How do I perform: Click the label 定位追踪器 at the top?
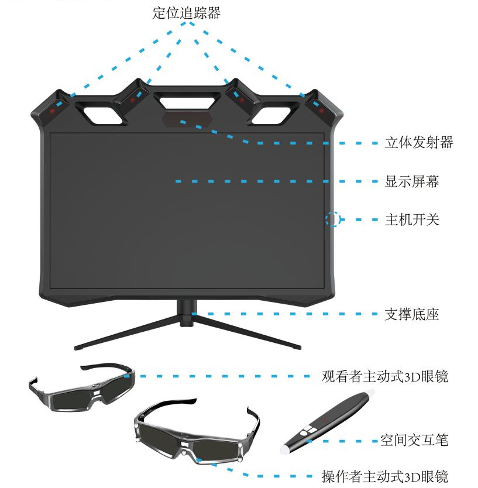tap(187, 13)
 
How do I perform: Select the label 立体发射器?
tap(419, 143)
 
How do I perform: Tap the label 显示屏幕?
tap(412, 181)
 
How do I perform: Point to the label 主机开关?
tap(412, 220)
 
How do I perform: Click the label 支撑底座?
tap(412, 314)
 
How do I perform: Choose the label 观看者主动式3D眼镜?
tap(385, 376)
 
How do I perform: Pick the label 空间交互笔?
tap(414, 441)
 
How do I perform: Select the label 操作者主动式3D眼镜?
tap(385, 476)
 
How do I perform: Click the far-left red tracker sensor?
tap(52, 111)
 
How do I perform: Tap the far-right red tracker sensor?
tap(322, 111)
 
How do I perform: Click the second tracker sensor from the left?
tap(133, 100)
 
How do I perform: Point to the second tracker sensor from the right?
tap(242, 100)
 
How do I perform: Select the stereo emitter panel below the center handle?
tap(187, 119)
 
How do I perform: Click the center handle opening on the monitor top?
tap(187, 102)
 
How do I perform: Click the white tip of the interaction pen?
tap(286, 449)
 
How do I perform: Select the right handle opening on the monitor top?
tap(271, 115)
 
